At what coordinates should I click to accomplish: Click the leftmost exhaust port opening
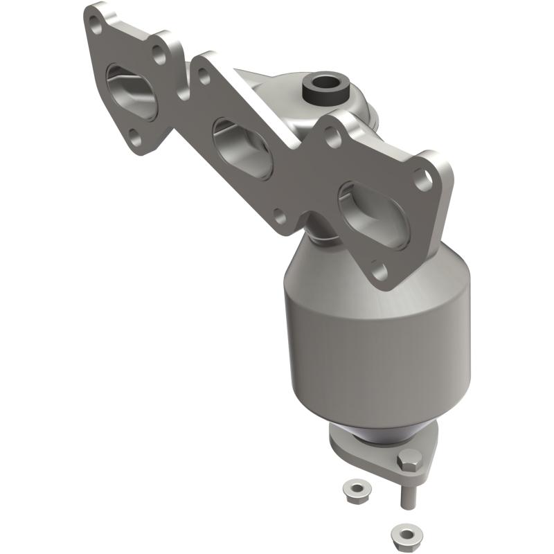click(134, 91)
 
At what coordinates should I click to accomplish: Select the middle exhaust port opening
click(242, 148)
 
